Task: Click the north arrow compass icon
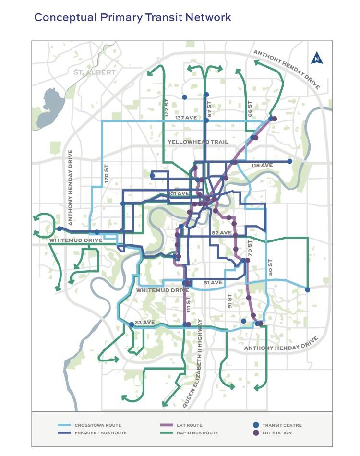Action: (x=317, y=58)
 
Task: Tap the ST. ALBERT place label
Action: (x=95, y=72)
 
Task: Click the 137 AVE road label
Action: (x=186, y=118)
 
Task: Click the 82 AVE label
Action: (x=222, y=233)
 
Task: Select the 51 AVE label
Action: (x=213, y=283)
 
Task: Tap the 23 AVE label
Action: (x=144, y=322)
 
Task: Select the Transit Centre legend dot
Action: (x=256, y=425)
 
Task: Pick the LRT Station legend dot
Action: (x=256, y=433)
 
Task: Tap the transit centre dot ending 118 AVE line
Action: (x=290, y=161)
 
